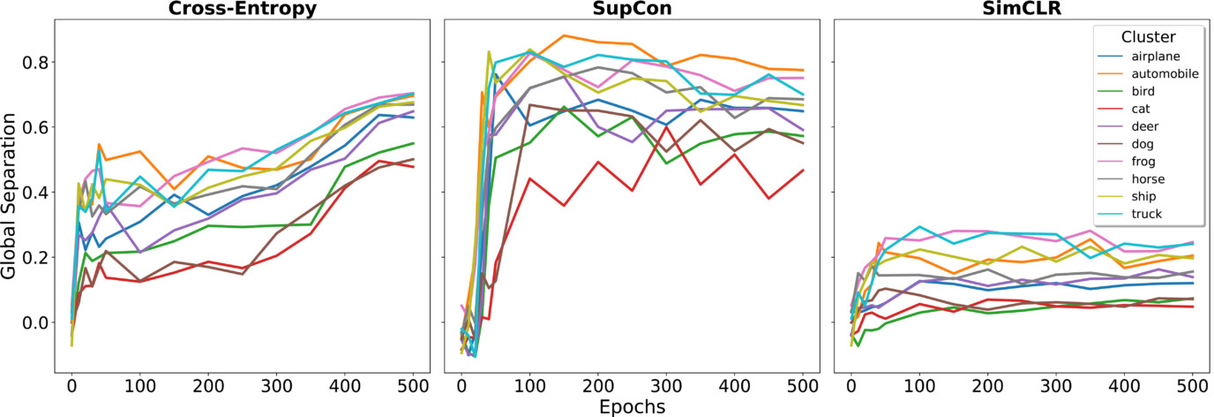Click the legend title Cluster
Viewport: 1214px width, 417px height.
pyautogui.click(x=1147, y=36)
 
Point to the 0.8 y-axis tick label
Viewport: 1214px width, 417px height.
pyautogui.click(x=35, y=63)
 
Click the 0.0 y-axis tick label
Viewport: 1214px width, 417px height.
pyautogui.click(x=35, y=322)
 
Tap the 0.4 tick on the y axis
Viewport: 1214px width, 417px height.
pyautogui.click(x=35, y=193)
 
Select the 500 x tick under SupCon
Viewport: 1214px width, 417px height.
pyautogui.click(x=804, y=385)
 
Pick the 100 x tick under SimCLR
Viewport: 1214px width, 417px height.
pyautogui.click(x=919, y=385)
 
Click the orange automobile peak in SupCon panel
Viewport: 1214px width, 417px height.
pyautogui.click(x=564, y=36)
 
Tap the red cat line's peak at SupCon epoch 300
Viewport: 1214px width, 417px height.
pyautogui.click(x=667, y=128)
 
